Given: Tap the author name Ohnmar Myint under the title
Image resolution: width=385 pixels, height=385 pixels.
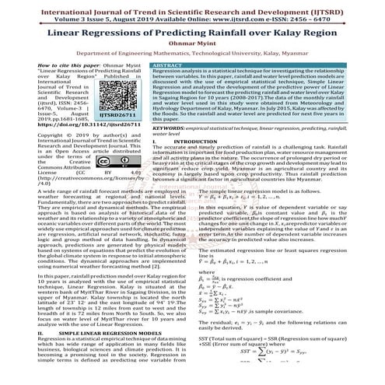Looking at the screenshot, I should point(191,47).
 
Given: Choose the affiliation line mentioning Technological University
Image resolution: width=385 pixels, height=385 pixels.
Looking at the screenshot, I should point(191,58).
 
